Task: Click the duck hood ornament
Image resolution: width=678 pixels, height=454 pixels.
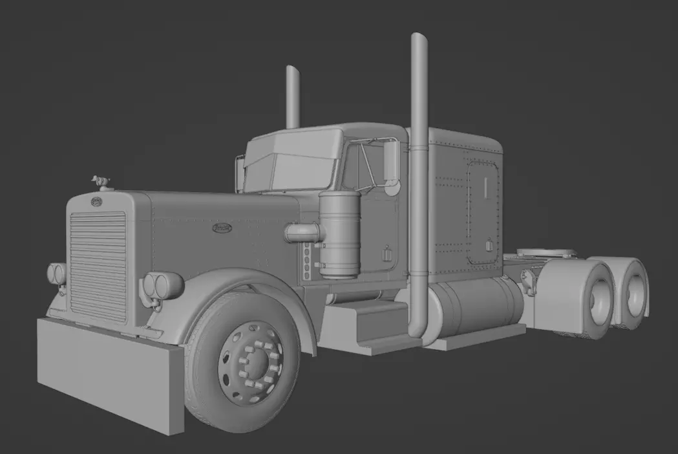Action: [x=100, y=181]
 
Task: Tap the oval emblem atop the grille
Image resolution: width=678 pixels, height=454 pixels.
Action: [x=96, y=202]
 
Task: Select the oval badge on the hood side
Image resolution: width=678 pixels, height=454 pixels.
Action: [x=222, y=228]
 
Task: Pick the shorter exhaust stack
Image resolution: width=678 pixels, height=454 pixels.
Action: [x=293, y=97]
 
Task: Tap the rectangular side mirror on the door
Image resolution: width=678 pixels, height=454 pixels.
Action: [x=391, y=161]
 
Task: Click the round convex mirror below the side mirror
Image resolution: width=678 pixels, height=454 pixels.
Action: [x=391, y=188]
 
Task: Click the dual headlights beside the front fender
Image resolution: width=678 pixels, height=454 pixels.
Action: [x=162, y=285]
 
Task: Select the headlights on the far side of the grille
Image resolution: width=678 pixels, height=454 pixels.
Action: [x=56, y=274]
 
